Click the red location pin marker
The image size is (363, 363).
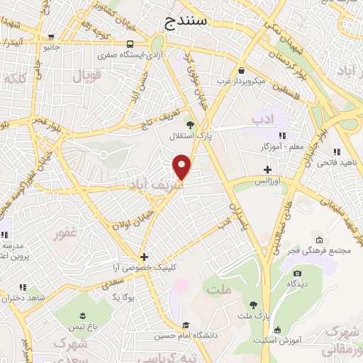(183, 167)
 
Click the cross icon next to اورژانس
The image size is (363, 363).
(267, 169)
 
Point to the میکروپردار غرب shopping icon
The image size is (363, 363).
(242, 71)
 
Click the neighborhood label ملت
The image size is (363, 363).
(219, 289)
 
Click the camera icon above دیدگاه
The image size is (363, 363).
(296, 273)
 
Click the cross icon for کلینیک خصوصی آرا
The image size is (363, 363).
(144, 257)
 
